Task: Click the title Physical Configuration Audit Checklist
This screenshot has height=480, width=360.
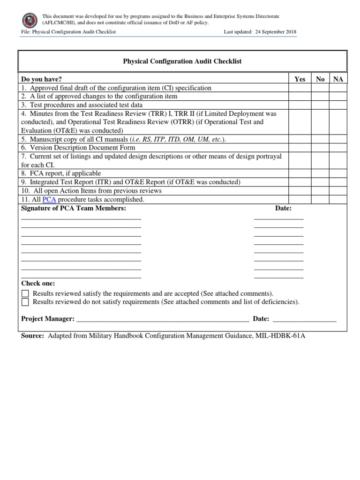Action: [x=182, y=61]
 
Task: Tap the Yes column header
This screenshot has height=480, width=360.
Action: [x=300, y=79]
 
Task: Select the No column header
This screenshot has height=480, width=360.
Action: [x=320, y=79]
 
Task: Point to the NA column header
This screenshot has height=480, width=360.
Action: [x=338, y=79]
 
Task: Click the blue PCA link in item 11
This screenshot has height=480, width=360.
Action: [x=49, y=199]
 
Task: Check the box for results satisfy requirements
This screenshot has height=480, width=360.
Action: [x=25, y=293]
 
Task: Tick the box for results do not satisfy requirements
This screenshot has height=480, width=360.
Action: [x=25, y=302]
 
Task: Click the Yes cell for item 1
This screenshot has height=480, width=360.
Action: [x=300, y=88]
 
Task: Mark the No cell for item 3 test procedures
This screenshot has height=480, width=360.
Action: [x=320, y=105]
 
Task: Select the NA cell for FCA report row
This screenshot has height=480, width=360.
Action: [x=338, y=173]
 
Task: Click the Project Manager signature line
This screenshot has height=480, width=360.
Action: [x=162, y=320]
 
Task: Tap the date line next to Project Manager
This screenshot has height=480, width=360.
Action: [x=304, y=320]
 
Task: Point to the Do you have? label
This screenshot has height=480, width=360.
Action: [x=41, y=79]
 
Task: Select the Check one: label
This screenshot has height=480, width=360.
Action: [x=38, y=284]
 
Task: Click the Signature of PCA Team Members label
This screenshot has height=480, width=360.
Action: [x=74, y=208]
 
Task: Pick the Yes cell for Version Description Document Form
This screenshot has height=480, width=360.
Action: [x=300, y=148]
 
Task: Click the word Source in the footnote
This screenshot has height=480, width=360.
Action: [x=32, y=336]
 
